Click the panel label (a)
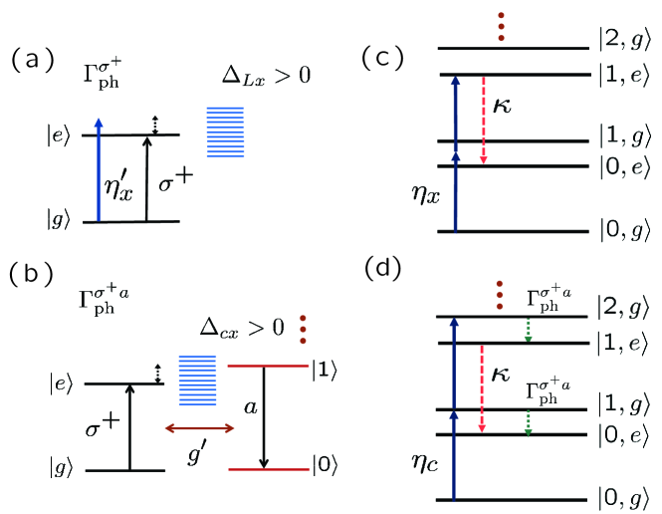tap(33, 59)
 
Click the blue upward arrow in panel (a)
tap(99, 169)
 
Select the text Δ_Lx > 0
tap(266, 77)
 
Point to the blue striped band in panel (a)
tap(225, 132)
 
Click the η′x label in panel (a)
tap(118, 186)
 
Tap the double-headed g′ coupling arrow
tap(199, 428)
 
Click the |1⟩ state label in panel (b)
tap(325, 371)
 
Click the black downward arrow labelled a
tap(264, 417)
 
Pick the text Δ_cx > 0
tap(242, 328)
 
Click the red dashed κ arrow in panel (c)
tap(484, 120)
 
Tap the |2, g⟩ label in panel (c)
tap(625, 42)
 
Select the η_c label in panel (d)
tap(425, 462)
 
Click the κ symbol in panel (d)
tap(501, 375)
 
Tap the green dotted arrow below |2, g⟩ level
tap(528, 330)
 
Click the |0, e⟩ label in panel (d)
tap(623, 435)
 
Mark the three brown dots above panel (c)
tap(501, 27)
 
